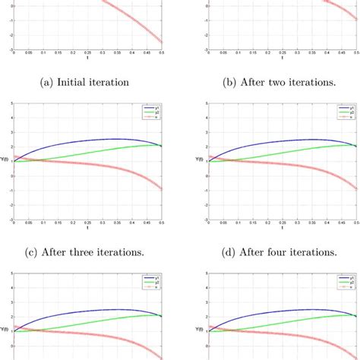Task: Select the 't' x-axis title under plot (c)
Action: click(89, 228)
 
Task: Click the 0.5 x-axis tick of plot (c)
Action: click(163, 224)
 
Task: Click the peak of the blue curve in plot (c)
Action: click(114, 139)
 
